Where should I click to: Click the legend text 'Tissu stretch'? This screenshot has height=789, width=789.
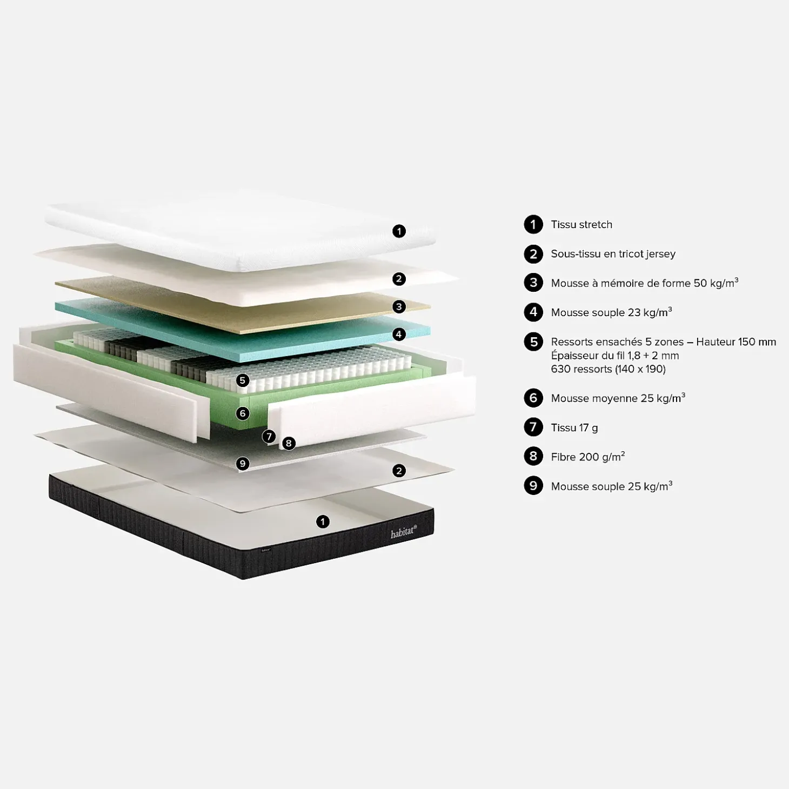(581, 224)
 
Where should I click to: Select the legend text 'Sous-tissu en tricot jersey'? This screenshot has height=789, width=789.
(613, 254)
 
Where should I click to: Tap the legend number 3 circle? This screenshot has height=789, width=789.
(533, 283)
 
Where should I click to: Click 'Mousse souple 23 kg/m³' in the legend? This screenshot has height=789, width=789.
(611, 312)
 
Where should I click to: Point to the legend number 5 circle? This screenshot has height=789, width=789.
(533, 342)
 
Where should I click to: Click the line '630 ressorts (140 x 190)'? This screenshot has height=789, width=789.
(608, 369)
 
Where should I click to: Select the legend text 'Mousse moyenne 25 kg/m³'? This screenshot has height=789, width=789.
(618, 398)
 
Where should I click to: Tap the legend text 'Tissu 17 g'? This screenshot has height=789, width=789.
(574, 427)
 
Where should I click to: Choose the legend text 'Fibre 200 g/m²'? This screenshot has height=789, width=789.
(587, 457)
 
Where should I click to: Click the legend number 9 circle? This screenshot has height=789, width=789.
(533, 486)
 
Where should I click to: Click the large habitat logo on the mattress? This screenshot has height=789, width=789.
(403, 532)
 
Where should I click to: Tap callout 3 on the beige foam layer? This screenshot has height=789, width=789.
(399, 306)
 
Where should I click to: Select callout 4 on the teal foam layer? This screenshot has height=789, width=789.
(399, 334)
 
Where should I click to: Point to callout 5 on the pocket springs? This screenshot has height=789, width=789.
(243, 380)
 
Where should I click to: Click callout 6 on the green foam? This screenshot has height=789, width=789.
(243, 413)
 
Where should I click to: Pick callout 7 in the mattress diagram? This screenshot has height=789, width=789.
(269, 437)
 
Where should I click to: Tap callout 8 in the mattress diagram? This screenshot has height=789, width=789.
(289, 443)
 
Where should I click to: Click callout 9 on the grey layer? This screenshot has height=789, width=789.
(243, 464)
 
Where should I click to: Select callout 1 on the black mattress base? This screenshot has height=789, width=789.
(323, 521)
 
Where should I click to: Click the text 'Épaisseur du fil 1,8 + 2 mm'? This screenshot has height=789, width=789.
(614, 356)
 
